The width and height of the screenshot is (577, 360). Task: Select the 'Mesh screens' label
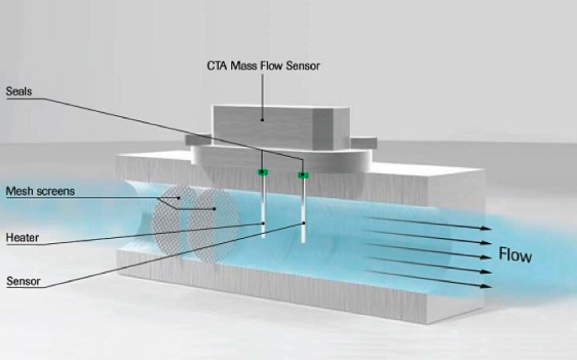(x=41, y=192)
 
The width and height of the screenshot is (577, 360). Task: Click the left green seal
(x=262, y=173)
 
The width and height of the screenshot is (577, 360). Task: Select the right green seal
(x=303, y=175)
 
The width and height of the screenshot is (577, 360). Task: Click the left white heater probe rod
(x=263, y=207)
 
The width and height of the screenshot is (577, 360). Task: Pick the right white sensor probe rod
(x=304, y=212)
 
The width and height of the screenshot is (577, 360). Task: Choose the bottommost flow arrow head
(x=484, y=286)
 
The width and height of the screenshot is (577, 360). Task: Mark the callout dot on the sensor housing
(x=262, y=119)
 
